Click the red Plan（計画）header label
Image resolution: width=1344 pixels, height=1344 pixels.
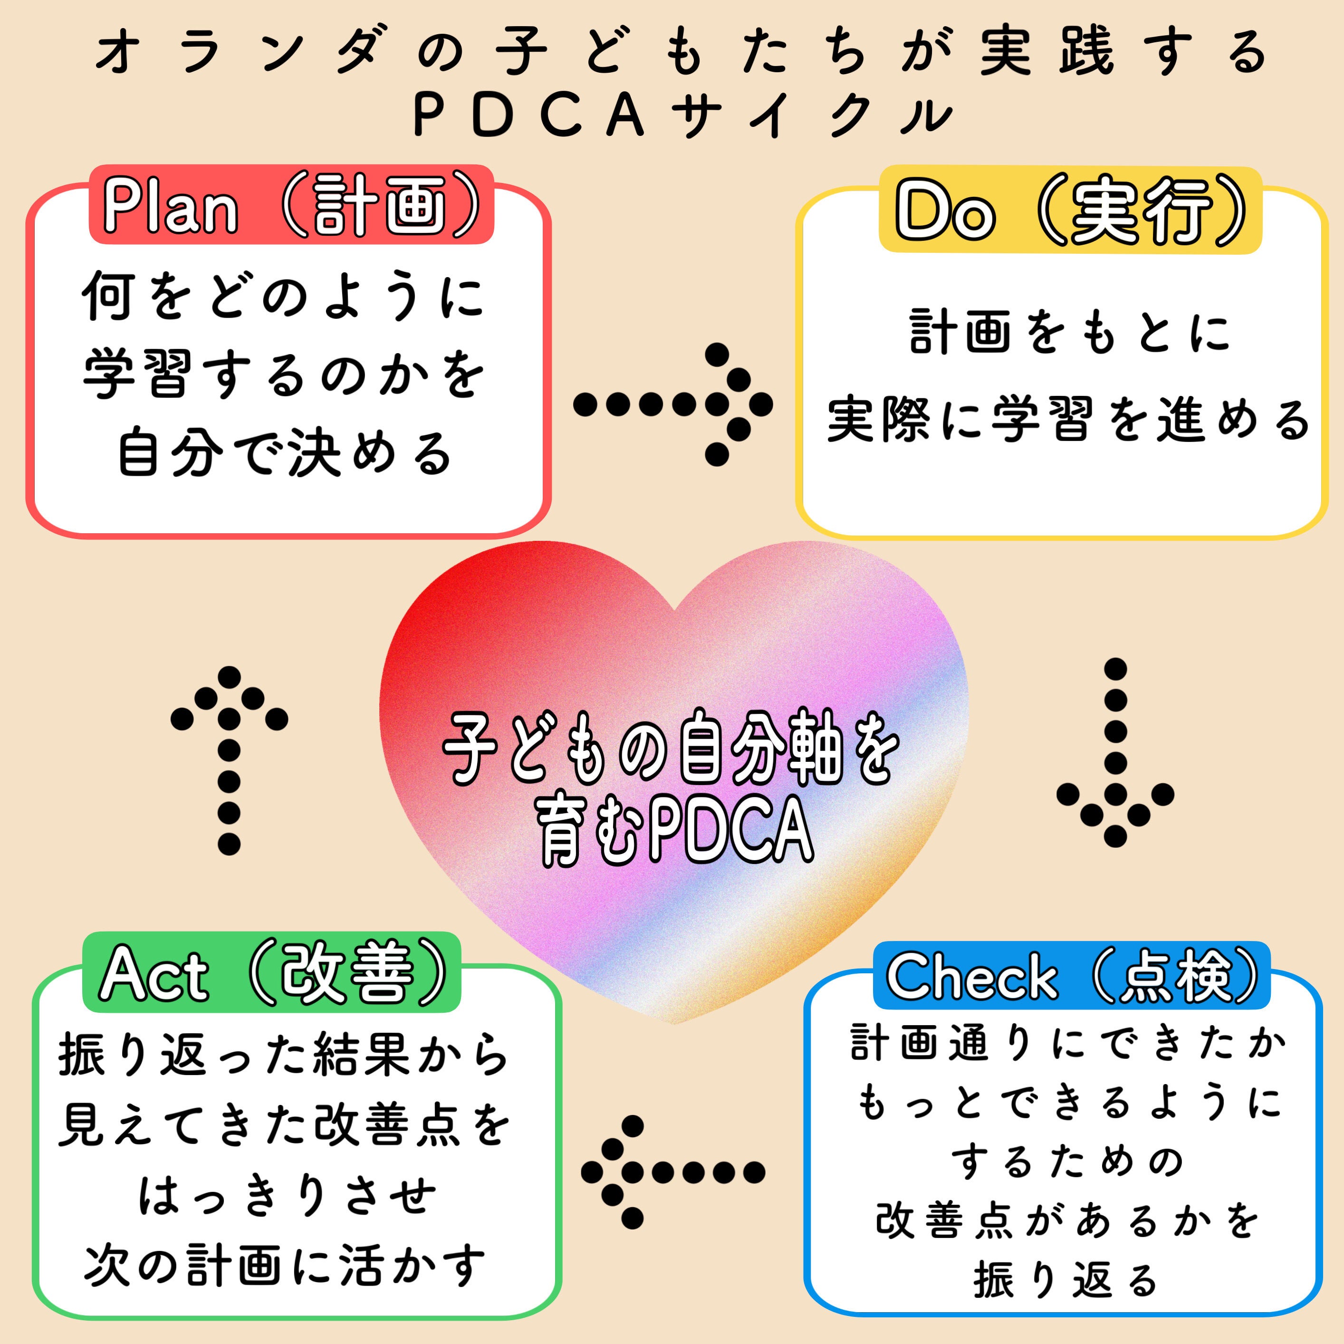pyautogui.click(x=291, y=204)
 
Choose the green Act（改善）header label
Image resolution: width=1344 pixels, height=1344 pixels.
pyautogui.click(x=272, y=972)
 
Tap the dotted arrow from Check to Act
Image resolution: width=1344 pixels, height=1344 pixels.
pyautogui.click(x=672, y=1173)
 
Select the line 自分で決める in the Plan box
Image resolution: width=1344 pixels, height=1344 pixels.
pyautogui.click(x=285, y=453)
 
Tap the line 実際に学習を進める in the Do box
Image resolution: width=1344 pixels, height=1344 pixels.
pyautogui.click(x=1068, y=420)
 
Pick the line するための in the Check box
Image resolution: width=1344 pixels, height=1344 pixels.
pyautogui.click(x=1068, y=1161)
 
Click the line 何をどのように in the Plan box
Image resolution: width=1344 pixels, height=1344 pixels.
pyautogui.click(x=283, y=295)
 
